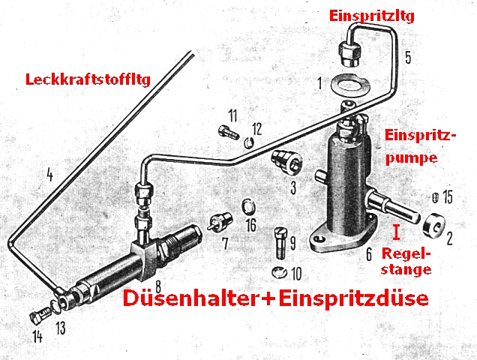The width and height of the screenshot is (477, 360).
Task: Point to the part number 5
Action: point(407,56)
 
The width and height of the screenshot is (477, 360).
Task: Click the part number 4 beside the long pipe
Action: point(49,177)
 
